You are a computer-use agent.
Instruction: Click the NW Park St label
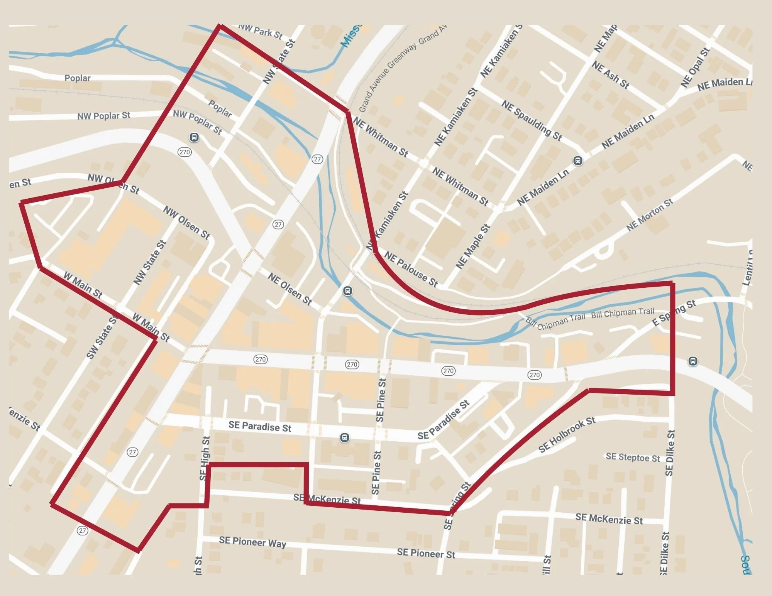pyautogui.click(x=261, y=31)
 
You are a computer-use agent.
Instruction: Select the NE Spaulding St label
pyautogui.click(x=532, y=120)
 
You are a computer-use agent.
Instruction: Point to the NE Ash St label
pyautogui.click(x=610, y=75)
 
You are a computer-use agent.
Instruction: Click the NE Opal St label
pyautogui.click(x=695, y=68)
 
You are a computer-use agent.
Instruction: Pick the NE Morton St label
pyautogui.click(x=649, y=214)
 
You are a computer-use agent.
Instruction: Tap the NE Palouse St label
pyautogui.click(x=411, y=270)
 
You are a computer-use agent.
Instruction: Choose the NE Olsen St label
pyautogui.click(x=289, y=289)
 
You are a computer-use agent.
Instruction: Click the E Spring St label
pyautogui.click(x=674, y=313)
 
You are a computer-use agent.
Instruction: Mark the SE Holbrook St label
pyautogui.click(x=567, y=434)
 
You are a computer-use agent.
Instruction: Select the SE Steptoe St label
pyautogui.click(x=633, y=458)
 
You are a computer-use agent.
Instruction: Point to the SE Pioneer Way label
pyautogui.click(x=252, y=542)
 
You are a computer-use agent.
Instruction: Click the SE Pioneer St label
pyautogui.click(x=426, y=554)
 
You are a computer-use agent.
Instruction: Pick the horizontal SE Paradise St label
pyautogui.click(x=260, y=426)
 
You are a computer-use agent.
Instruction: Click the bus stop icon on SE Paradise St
pyautogui.click(x=345, y=437)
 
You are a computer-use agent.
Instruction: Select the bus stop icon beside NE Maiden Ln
pyautogui.click(x=577, y=160)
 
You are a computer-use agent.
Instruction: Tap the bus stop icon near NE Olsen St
pyautogui.click(x=347, y=291)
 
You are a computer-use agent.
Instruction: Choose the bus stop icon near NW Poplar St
pyautogui.click(x=194, y=137)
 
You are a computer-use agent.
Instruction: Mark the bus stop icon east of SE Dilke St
pyautogui.click(x=693, y=361)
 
